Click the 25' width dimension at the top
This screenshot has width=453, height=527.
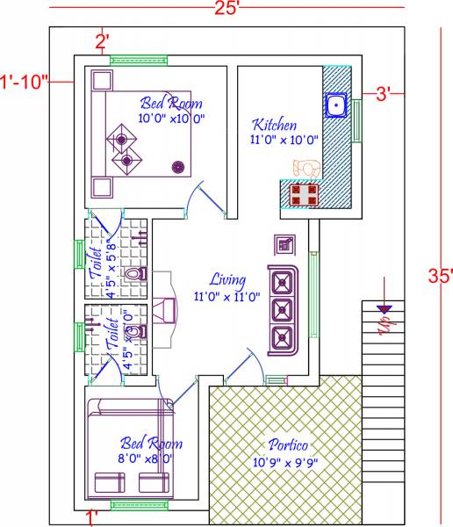pyautogui.click(x=226, y=9)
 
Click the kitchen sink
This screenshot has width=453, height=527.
pyautogui.click(x=335, y=106)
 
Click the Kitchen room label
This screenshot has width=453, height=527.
pyautogui.click(x=274, y=125)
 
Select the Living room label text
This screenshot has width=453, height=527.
pyautogui.click(x=226, y=280)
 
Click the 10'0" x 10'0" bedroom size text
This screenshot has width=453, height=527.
pyautogui.click(x=171, y=118)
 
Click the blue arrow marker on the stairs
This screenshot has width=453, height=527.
pyautogui.click(x=383, y=308)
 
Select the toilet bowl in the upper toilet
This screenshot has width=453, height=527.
pyautogui.click(x=133, y=275)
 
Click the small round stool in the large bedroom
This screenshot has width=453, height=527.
pyautogui.click(x=178, y=165)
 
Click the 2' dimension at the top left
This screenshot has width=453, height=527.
pyautogui.click(x=102, y=40)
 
